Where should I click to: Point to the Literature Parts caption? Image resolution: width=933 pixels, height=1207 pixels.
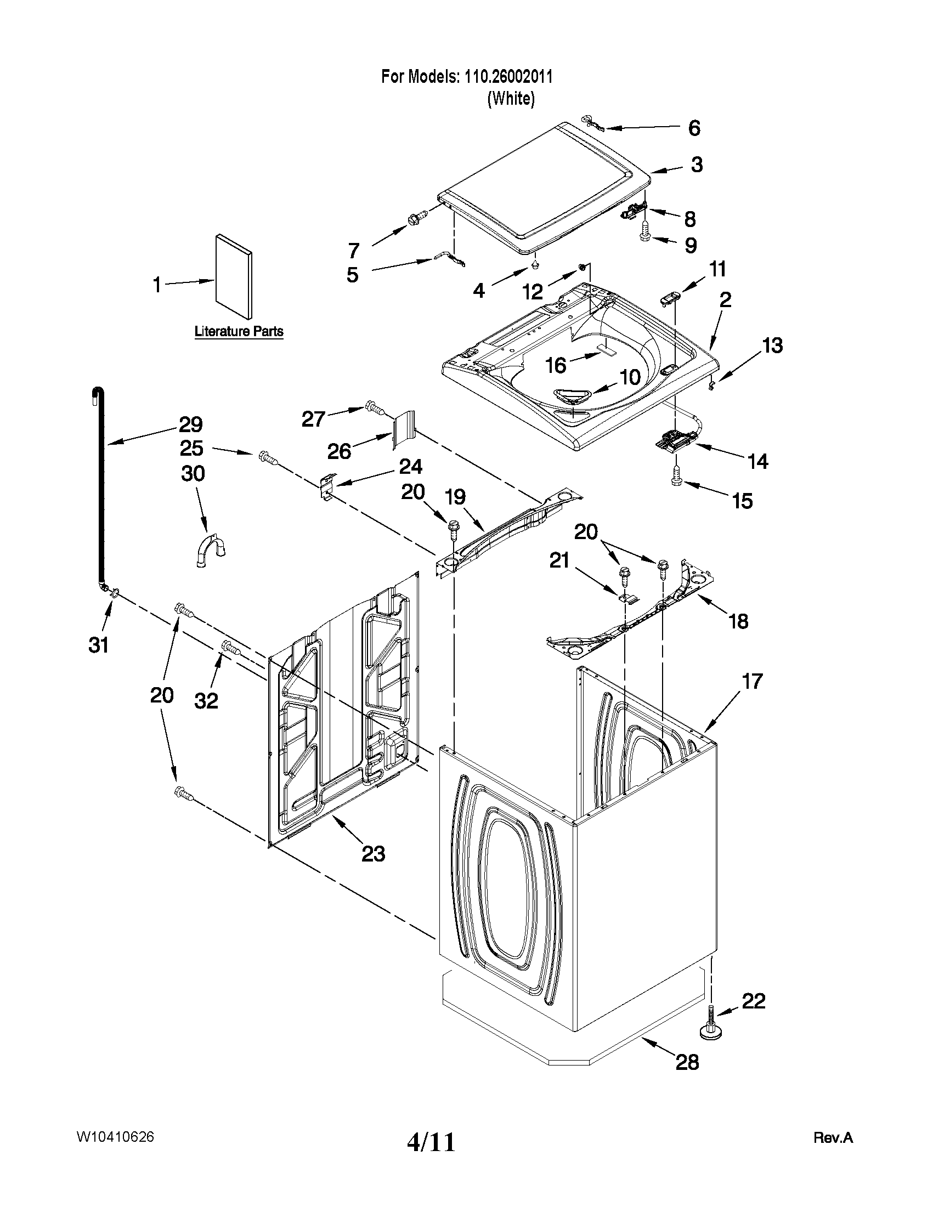pos(239,332)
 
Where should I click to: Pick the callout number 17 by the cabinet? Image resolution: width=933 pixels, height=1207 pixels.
pos(752,681)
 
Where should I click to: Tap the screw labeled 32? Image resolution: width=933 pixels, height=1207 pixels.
pos(231,647)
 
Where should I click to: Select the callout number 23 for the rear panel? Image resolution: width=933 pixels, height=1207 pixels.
pos(373,854)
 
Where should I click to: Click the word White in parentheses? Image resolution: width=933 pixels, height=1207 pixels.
pos(511,99)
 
